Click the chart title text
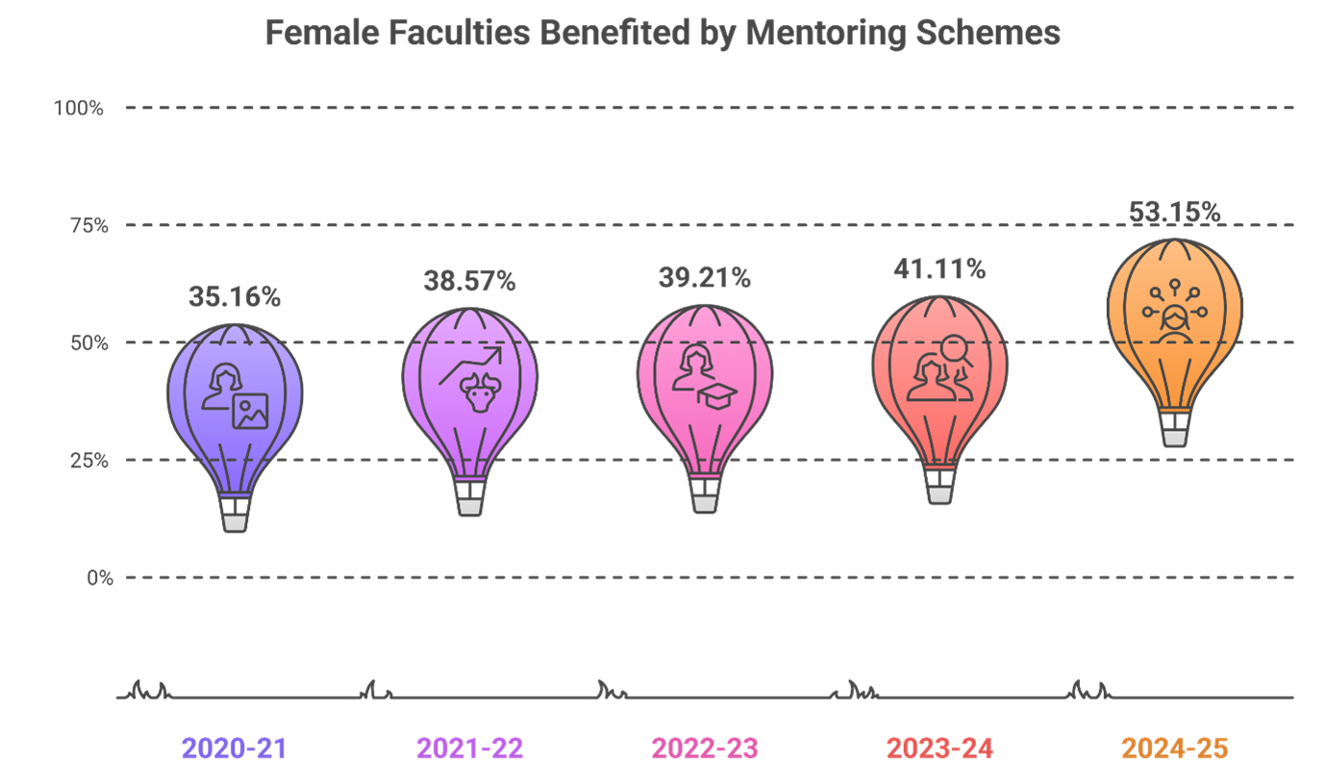(x=663, y=33)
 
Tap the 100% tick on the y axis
(x=79, y=108)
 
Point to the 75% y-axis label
(x=88, y=226)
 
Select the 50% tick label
(x=88, y=343)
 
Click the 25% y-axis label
(x=88, y=461)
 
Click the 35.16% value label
(x=235, y=298)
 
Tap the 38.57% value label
(x=469, y=282)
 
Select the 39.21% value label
(x=704, y=279)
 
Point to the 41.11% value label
(x=938, y=270)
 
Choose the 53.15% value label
(x=1174, y=213)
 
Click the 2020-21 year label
(x=235, y=748)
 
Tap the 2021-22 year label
(x=469, y=748)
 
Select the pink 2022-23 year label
(x=705, y=748)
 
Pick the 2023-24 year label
(x=939, y=748)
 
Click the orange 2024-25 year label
(x=1174, y=748)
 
